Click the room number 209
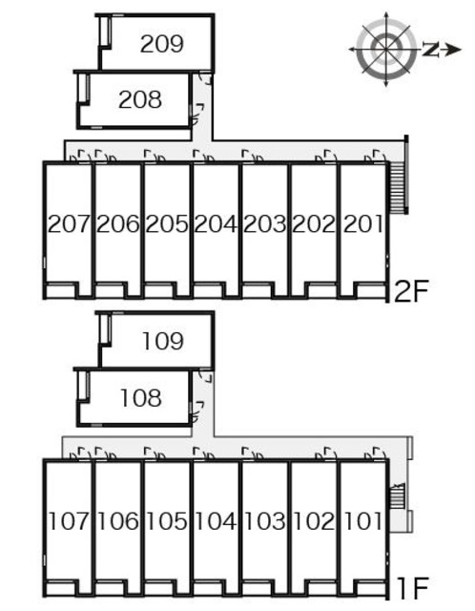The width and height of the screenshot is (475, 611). pyautogui.click(x=161, y=44)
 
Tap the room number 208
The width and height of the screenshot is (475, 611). pyautogui.click(x=140, y=99)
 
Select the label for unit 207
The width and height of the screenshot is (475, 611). pyautogui.click(x=70, y=224)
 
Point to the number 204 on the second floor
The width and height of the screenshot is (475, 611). pyautogui.click(x=216, y=224)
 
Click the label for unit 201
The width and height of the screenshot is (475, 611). pyautogui.click(x=362, y=224)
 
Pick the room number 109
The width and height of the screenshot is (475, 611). pyautogui.click(x=163, y=341)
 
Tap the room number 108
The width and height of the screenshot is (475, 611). pyautogui.click(x=141, y=398)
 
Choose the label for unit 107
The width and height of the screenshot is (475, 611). pyautogui.click(x=69, y=521)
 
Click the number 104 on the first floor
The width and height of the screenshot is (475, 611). pyautogui.click(x=216, y=521)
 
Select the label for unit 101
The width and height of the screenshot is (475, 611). pyautogui.click(x=362, y=521)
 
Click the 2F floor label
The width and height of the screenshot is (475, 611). pyautogui.click(x=411, y=291)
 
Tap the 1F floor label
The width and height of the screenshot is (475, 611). pyautogui.click(x=413, y=588)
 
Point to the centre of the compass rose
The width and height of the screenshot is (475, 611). pyautogui.click(x=386, y=49)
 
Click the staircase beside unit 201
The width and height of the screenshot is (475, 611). pyautogui.click(x=399, y=188)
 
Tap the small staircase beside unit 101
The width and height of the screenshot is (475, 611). pyautogui.click(x=398, y=495)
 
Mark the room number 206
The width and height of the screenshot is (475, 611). pyautogui.click(x=117, y=224)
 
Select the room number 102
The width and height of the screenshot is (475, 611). pyautogui.click(x=314, y=521)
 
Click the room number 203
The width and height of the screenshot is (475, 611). pyautogui.click(x=264, y=224)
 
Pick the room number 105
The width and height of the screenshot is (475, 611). pyautogui.click(x=167, y=521)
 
